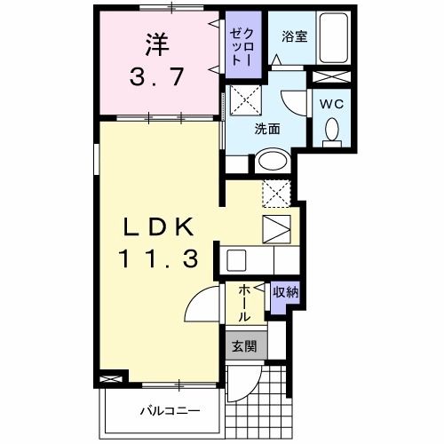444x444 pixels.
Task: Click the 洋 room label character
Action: [x=157, y=45]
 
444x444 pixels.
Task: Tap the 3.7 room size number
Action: [x=157, y=76]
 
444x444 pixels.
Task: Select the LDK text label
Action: [x=158, y=226]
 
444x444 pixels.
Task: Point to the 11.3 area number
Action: [x=158, y=258]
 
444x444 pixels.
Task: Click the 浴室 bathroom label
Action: [x=294, y=36]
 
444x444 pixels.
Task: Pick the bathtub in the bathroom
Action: [x=334, y=37]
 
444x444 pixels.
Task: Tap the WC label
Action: [x=332, y=104]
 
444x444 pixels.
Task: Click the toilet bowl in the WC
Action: [x=332, y=131]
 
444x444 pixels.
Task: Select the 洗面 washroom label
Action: [x=267, y=129]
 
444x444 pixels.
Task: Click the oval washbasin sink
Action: [x=273, y=162]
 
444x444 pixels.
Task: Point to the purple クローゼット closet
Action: [x=243, y=44]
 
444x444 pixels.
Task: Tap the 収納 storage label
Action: [x=285, y=292]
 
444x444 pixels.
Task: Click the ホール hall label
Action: [x=244, y=303]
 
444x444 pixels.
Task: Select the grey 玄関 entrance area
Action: [x=246, y=345]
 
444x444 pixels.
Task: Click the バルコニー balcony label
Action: [x=170, y=411]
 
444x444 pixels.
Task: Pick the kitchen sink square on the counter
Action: [x=236, y=260]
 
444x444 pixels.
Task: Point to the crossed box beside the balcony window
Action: [x=111, y=379]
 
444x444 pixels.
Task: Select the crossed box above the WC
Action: [x=331, y=77]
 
